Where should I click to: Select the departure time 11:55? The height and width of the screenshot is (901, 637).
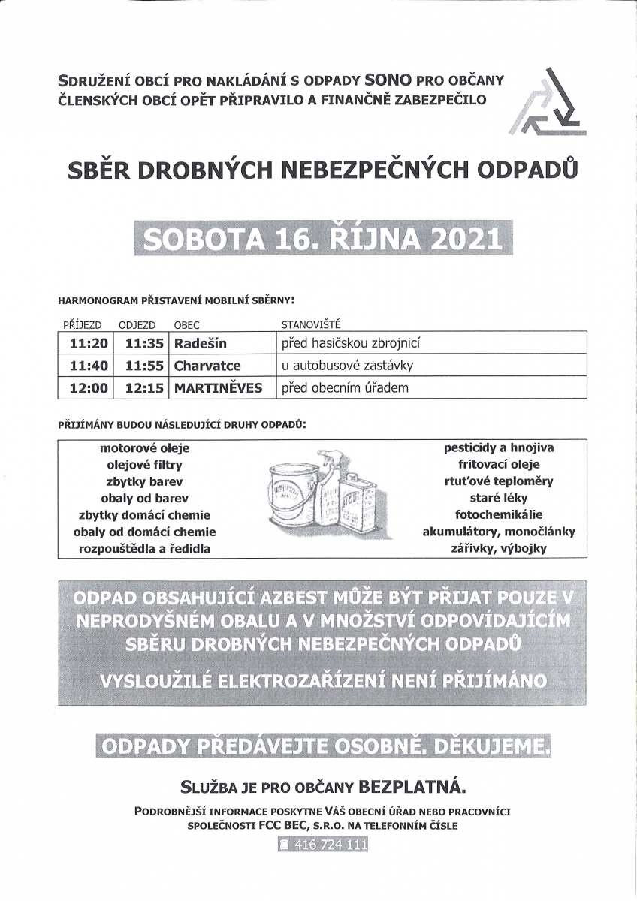click(x=144, y=366)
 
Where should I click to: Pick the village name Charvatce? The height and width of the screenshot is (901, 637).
click(x=207, y=366)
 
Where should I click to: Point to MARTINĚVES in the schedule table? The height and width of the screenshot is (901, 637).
click(x=218, y=388)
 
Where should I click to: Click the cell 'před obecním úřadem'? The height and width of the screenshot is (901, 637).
click(x=345, y=388)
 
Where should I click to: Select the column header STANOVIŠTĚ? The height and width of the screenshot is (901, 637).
click(x=310, y=324)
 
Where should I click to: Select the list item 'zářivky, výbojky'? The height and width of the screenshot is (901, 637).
click(x=499, y=548)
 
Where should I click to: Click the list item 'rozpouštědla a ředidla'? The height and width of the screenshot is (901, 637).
click(x=145, y=548)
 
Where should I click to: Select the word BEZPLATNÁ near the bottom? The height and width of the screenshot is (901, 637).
click(x=413, y=787)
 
